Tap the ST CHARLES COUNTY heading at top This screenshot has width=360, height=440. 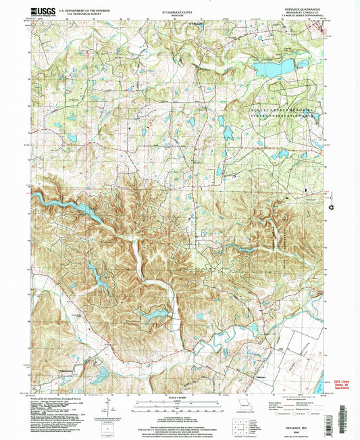pos(178,11)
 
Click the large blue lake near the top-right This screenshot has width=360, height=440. pos(274,68)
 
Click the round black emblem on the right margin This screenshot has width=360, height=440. pos(332,208)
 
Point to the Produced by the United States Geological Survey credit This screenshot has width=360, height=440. pos(57,397)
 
